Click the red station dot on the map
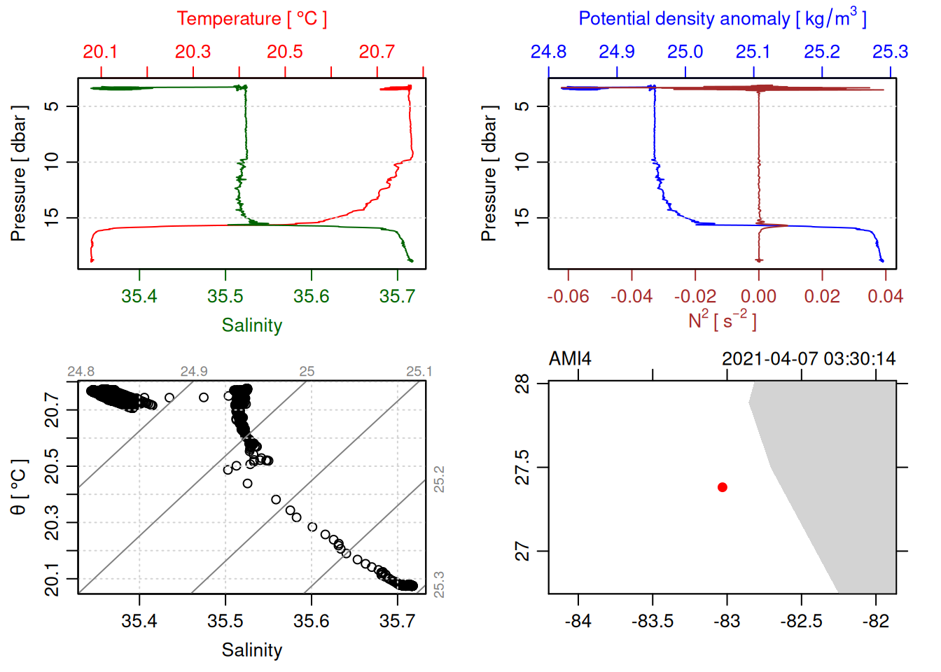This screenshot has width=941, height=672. tap(723, 487)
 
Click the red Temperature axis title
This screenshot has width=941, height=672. tap(251, 19)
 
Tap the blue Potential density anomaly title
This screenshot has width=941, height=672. tap(722, 19)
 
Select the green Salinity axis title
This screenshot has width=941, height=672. tap(252, 325)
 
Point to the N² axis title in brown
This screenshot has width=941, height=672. tap(722, 321)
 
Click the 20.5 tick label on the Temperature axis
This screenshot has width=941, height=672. tap(285, 52)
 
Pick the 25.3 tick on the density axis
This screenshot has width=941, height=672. tap(890, 52)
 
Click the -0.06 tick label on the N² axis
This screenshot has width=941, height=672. tap(568, 297)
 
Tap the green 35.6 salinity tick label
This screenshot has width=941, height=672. tap(312, 297)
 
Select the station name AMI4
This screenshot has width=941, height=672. tap(570, 359)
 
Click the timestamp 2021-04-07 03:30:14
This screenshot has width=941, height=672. tap(809, 359)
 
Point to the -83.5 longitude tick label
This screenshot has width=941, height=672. tap(653, 622)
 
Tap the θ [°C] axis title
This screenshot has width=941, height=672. tap(19, 487)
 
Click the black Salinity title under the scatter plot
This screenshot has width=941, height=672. tap(252, 650)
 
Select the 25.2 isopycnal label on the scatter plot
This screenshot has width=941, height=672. tap(439, 479)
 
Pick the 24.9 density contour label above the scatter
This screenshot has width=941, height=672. tap(194, 372)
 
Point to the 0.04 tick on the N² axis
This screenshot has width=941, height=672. tap(885, 297)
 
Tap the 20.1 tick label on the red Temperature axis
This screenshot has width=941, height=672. tap(100, 52)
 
